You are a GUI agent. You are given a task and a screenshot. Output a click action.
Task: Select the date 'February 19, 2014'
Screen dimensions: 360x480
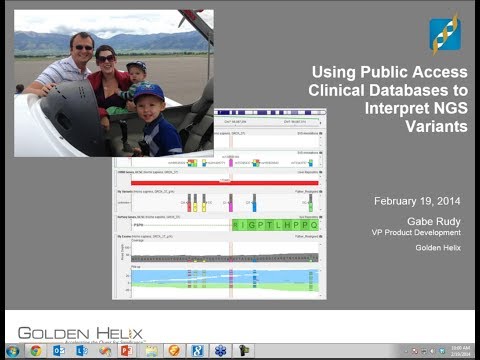click(x=412, y=202)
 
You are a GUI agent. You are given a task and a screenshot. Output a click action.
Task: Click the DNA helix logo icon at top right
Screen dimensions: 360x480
click(x=444, y=34)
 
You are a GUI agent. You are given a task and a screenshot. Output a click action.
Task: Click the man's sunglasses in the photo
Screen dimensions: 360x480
click(x=83, y=46)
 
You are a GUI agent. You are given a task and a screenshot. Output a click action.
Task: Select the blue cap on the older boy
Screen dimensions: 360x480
click(x=151, y=92)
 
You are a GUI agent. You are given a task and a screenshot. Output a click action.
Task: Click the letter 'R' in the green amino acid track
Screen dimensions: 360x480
click(x=236, y=225)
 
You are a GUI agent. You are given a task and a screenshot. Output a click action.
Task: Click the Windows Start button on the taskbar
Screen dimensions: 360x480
click(x=11, y=351)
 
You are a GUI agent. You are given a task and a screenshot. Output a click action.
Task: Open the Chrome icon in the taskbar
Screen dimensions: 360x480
click(x=36, y=351)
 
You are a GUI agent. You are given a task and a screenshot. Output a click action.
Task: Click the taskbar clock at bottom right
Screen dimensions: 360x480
click(x=455, y=351)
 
